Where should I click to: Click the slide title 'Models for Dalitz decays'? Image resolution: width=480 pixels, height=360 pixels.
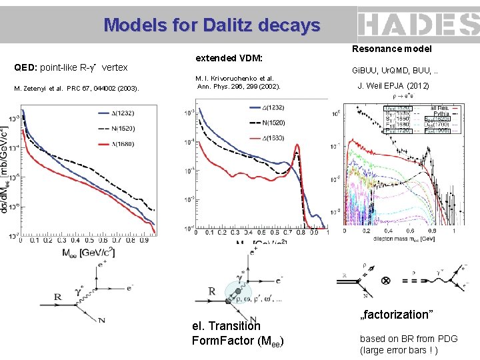[212, 25]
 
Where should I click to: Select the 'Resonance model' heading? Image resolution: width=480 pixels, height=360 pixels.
[392, 49]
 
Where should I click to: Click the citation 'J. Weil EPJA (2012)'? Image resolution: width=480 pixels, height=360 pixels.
[393, 86]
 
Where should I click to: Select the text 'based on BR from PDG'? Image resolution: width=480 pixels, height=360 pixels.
[409, 339]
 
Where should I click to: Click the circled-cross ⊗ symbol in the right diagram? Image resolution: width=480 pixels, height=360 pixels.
[386, 281]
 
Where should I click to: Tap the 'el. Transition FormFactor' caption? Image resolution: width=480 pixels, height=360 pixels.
[237, 333]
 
